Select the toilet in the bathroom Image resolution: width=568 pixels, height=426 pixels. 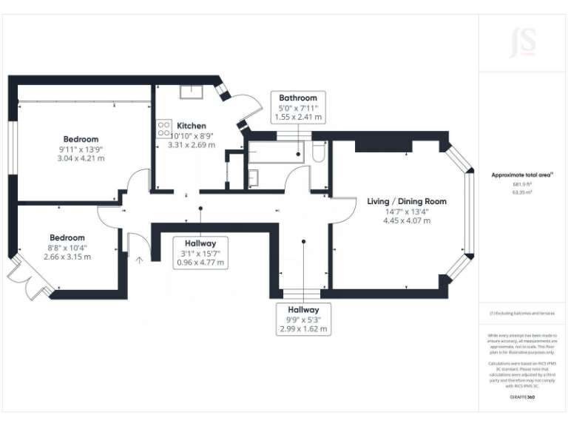click(x=319, y=152)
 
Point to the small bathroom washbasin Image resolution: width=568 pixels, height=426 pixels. click(x=253, y=177)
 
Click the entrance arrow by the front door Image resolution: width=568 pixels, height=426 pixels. click(x=139, y=259)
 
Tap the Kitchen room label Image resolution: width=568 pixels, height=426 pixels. click(x=191, y=126)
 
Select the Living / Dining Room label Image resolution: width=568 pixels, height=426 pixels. click(x=407, y=201)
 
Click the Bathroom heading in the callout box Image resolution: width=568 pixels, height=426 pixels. click(x=298, y=98)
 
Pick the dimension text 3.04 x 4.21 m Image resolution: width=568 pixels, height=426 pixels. click(x=81, y=158)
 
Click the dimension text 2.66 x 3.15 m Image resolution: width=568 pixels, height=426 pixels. click(x=67, y=257)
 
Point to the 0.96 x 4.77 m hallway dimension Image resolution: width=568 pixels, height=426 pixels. click(x=200, y=263)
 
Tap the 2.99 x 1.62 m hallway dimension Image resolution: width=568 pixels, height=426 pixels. click(x=303, y=328)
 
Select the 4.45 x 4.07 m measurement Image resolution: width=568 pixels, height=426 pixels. click(x=407, y=220)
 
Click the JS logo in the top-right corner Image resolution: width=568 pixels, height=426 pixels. click(x=524, y=43)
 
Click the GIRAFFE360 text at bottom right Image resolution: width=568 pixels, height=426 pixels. click(x=523, y=397)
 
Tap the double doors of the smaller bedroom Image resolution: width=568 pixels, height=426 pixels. click(x=28, y=280)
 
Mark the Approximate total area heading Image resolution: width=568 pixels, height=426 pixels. click(x=522, y=175)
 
